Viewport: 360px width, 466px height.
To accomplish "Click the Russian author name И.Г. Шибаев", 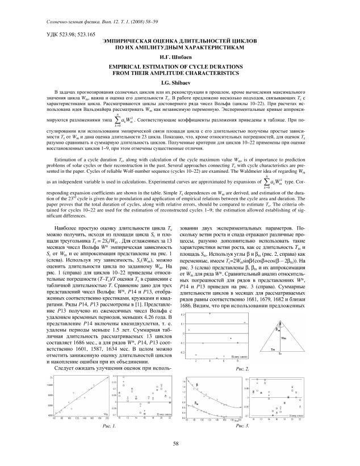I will [180, 57].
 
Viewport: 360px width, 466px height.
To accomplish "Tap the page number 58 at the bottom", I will [180, 443].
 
